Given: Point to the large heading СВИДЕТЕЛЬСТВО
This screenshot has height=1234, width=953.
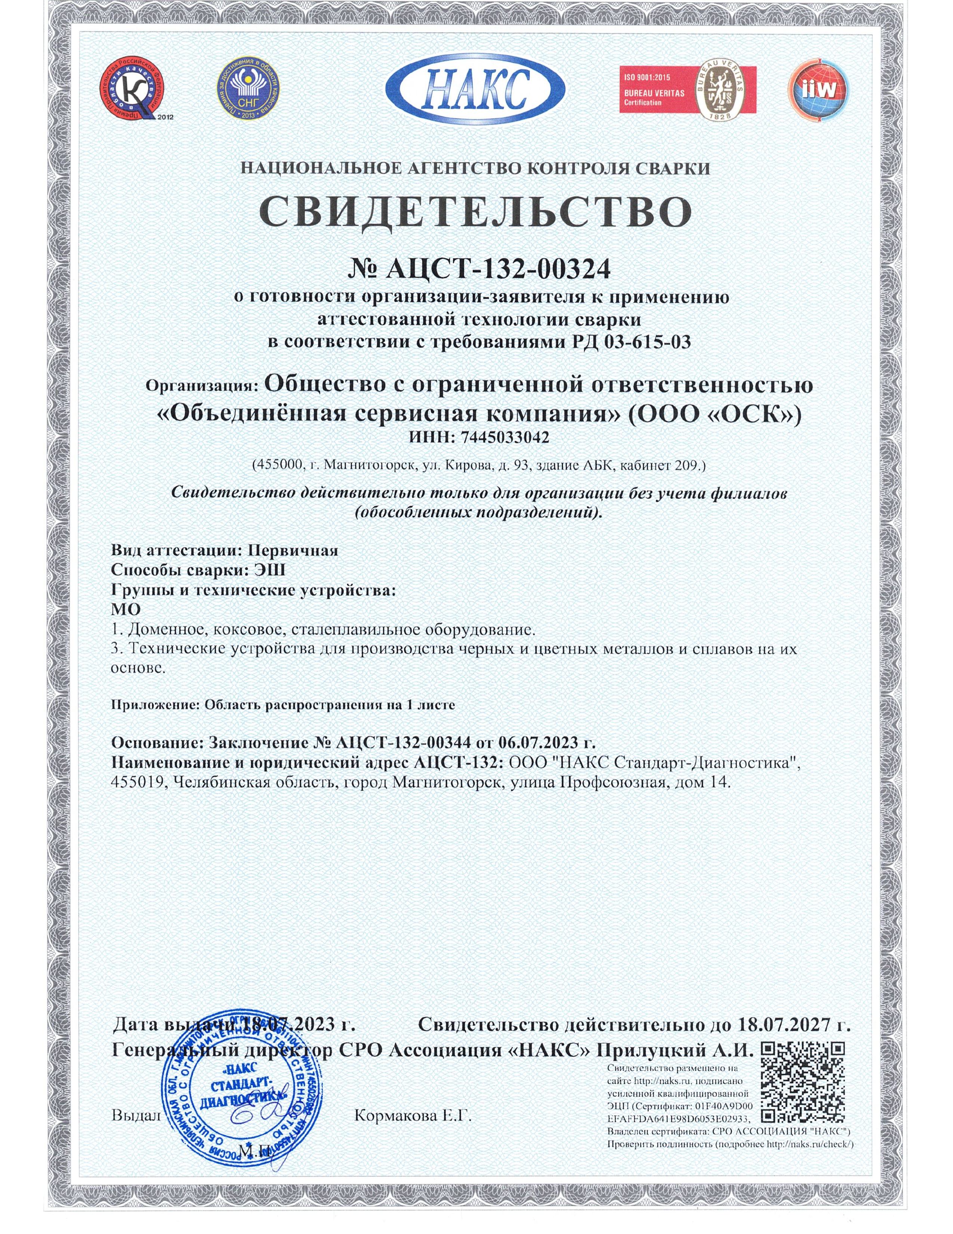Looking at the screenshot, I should (x=475, y=212).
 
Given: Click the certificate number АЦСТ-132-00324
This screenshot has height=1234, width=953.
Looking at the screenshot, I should (x=497, y=270).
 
